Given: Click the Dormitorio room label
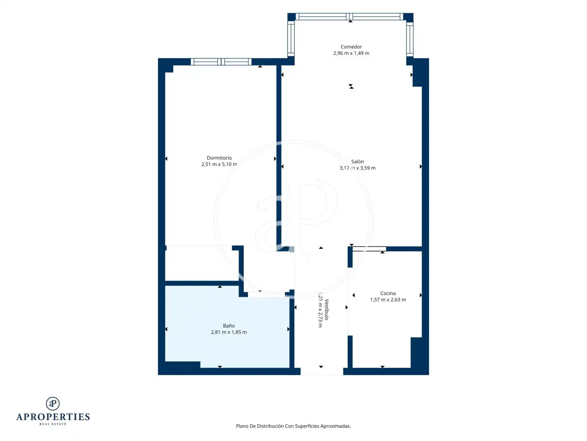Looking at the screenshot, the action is tap(219, 158).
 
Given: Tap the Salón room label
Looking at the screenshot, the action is tap(357, 161).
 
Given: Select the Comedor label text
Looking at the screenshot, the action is tap(351, 47).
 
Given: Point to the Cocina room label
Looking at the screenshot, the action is tap(388, 294).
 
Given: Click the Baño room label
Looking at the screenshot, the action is tap(229, 326).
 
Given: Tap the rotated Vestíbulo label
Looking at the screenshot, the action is tap(327, 310).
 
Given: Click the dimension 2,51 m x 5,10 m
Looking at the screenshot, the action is tap(219, 164).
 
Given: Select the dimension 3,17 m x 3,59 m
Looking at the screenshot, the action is tap(357, 168).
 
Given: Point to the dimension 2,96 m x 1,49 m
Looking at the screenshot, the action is tap(351, 53).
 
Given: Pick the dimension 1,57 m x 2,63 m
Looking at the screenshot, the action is tap(388, 300).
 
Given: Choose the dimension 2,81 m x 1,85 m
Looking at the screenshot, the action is tap(229, 332).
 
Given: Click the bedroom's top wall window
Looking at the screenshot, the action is tap(221, 62).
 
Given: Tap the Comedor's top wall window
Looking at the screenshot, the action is tap(349, 17).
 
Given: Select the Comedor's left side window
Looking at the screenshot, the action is tap(291, 39).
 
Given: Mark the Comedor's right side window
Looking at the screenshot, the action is tap(410, 39).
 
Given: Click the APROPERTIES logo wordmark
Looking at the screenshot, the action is tap(53, 417).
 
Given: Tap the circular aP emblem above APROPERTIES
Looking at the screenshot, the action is tap(53, 404).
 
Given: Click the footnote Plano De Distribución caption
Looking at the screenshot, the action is tap(293, 426).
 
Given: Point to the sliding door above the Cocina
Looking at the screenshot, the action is tap(369, 249).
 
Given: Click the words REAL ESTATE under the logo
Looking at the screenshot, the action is tap(53, 424).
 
